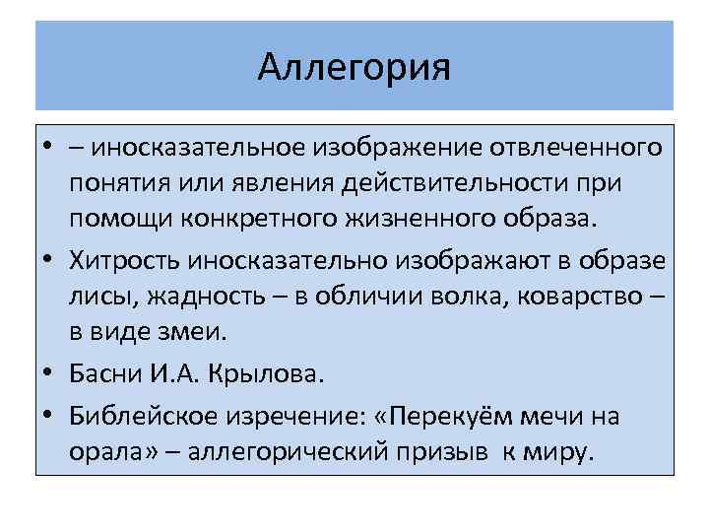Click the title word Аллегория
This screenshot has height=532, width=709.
tap(354, 68)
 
